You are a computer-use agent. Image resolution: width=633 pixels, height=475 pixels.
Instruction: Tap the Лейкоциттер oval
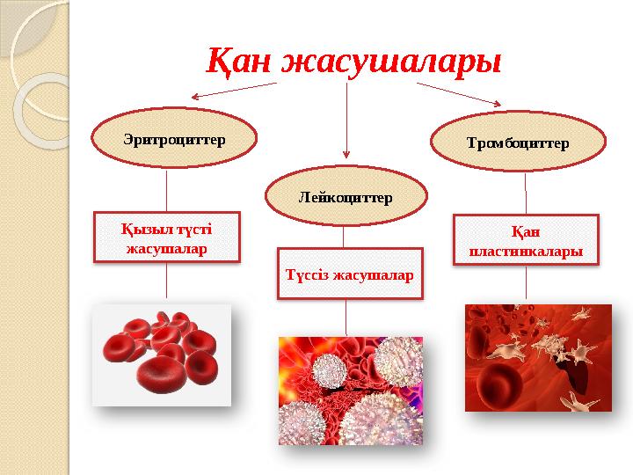[346, 198]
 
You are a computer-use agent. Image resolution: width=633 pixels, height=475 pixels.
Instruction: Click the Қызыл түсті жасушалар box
[167, 238]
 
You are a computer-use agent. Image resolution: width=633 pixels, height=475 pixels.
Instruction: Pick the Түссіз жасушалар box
[349, 274]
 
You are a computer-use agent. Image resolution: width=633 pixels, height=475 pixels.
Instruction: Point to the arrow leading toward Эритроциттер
[233, 91]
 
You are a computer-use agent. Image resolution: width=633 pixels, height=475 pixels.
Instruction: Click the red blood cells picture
[162, 354]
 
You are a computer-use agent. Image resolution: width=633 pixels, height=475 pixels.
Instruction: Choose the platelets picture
[538, 357]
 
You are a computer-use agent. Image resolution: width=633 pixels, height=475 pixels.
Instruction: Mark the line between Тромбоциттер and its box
[526, 193]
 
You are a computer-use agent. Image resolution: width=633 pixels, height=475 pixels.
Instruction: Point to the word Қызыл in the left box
[142, 230]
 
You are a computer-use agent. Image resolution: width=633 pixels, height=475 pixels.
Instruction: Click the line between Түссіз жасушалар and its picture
[346, 317]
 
